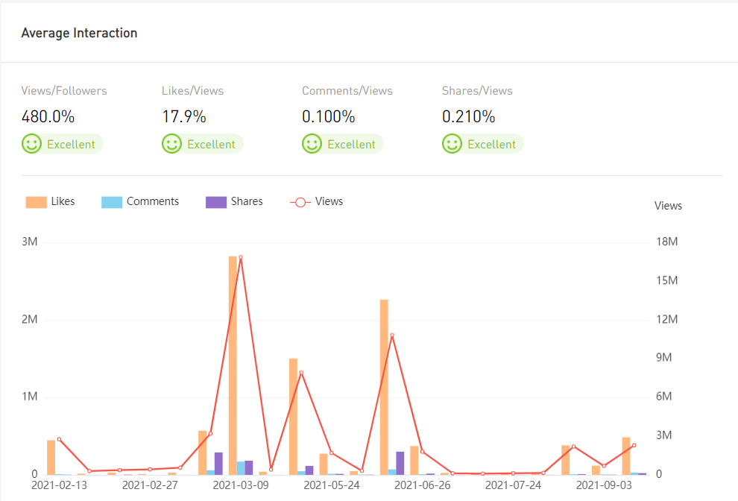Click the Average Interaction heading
(x=79, y=33)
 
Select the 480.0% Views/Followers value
(x=48, y=117)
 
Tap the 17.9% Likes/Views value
(x=184, y=117)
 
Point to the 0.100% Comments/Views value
(x=329, y=117)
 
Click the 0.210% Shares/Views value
(x=469, y=117)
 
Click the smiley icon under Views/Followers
(x=31, y=144)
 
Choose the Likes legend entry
(x=51, y=201)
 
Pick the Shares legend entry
(x=235, y=201)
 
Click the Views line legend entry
(x=316, y=201)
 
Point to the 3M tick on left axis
(x=30, y=242)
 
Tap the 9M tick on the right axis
(x=663, y=358)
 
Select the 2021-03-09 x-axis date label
(x=241, y=485)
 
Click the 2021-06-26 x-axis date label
(x=422, y=485)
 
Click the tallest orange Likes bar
(x=233, y=365)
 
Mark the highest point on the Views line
(x=241, y=257)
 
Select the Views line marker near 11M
(x=392, y=335)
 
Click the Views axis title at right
(x=668, y=206)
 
